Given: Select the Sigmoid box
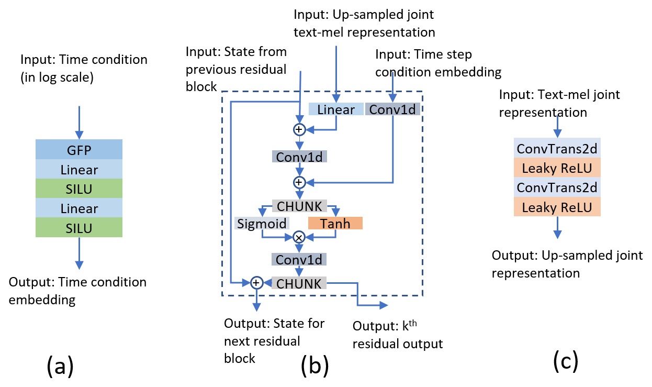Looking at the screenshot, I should (261, 224).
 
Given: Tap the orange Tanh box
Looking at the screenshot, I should (335, 224).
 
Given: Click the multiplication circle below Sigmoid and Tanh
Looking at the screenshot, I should (299, 237).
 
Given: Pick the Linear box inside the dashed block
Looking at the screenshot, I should (336, 109).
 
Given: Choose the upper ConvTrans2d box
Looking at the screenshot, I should (558, 149).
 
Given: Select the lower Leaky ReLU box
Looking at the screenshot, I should (558, 207).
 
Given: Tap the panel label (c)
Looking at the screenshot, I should (565, 360).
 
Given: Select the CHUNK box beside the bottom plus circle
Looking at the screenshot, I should (299, 283).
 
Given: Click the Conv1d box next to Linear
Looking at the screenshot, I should (392, 109).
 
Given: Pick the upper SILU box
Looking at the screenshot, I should (78, 189).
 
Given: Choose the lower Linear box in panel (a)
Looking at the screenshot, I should (78, 208).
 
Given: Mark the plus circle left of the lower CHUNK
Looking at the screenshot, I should (256, 283).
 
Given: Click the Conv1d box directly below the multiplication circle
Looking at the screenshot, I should (299, 260).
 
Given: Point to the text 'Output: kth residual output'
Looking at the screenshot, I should (398, 335).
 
